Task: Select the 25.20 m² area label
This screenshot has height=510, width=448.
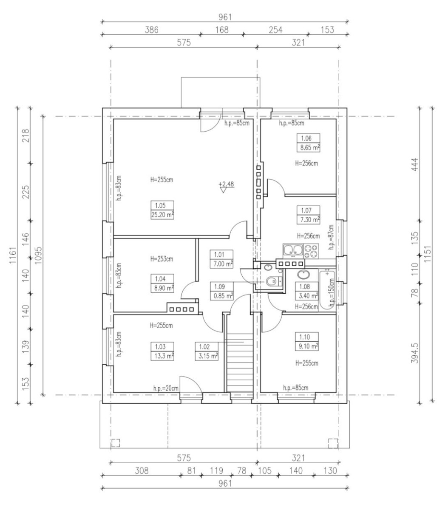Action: [162, 215]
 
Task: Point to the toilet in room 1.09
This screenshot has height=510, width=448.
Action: [273, 281]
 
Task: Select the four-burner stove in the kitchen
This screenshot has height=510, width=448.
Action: [311, 251]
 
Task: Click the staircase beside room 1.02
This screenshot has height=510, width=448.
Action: [240, 362]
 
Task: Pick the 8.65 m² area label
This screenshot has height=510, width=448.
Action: [308, 147]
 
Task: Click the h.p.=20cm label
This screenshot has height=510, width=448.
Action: [166, 388]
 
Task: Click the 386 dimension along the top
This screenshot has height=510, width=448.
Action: [152, 30]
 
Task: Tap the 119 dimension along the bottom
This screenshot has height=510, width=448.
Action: [216, 470]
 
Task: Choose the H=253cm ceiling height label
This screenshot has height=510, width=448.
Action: [162, 259]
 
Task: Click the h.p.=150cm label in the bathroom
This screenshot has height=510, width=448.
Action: [332, 292]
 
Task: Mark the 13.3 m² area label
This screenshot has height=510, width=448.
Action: [162, 356]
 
